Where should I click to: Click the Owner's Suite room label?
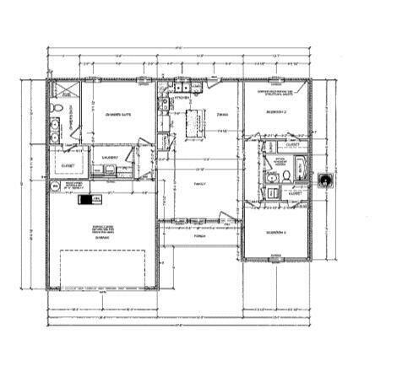[x=117, y=115]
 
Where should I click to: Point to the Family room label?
[x=199, y=183]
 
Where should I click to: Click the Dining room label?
[x=222, y=113]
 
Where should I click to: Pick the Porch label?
[x=199, y=235]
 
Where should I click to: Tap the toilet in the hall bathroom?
[x=286, y=175]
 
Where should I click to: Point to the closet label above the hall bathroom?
[x=293, y=144]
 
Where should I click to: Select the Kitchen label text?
[x=178, y=98]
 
